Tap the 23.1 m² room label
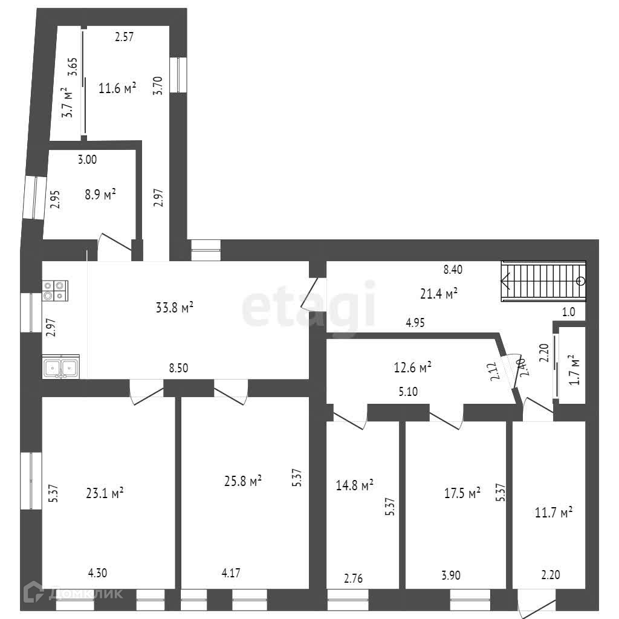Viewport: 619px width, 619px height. tap(105, 493)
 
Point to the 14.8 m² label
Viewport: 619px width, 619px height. tap(355, 485)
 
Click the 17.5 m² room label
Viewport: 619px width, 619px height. tap(462, 492)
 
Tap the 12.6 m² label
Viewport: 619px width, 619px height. tap(412, 366)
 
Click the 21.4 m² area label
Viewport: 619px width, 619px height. tap(438, 294)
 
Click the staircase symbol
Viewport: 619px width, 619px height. tap(543, 281)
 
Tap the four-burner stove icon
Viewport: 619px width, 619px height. tap(55, 291)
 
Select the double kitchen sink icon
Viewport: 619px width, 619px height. tap(60, 367)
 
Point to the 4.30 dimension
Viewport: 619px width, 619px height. tap(99, 573)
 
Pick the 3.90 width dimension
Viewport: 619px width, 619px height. tap(451, 575)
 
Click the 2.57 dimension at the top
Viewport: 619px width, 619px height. tap(124, 37)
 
